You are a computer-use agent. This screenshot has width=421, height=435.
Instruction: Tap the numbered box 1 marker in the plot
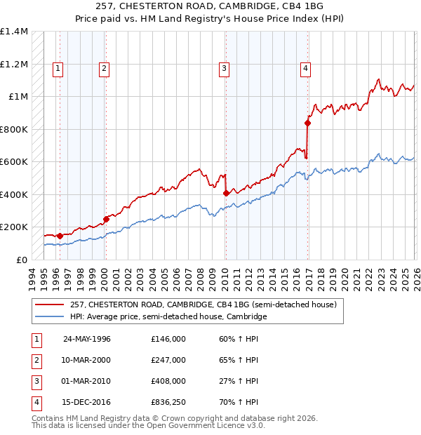57,68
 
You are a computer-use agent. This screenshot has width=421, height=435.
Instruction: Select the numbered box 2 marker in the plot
104,68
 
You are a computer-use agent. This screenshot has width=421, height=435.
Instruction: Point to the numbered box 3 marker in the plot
224,68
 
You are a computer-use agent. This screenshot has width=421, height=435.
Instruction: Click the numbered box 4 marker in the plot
306,68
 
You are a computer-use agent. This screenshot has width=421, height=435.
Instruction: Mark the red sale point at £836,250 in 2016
307,123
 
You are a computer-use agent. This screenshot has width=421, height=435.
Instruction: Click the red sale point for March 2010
226,193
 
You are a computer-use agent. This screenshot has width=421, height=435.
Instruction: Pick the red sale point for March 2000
107,219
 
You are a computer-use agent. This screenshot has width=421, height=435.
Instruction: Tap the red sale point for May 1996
60,236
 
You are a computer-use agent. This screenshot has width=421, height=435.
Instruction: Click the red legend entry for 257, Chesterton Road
203,304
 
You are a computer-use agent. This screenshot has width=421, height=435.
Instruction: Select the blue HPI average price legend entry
168,317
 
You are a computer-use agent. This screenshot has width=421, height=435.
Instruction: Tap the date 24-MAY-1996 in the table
87,339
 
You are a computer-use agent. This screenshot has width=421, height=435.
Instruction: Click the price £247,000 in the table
168,360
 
